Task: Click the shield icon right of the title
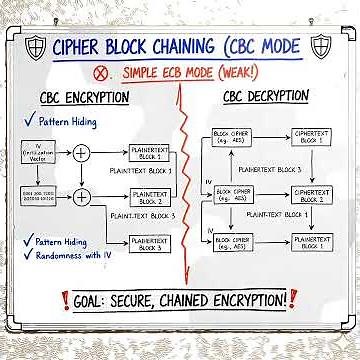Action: click(x=322, y=46)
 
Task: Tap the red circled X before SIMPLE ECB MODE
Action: click(x=101, y=73)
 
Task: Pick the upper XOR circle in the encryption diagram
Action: click(x=81, y=152)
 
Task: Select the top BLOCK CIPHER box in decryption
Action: click(x=231, y=138)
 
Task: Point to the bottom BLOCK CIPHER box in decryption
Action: click(x=232, y=243)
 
